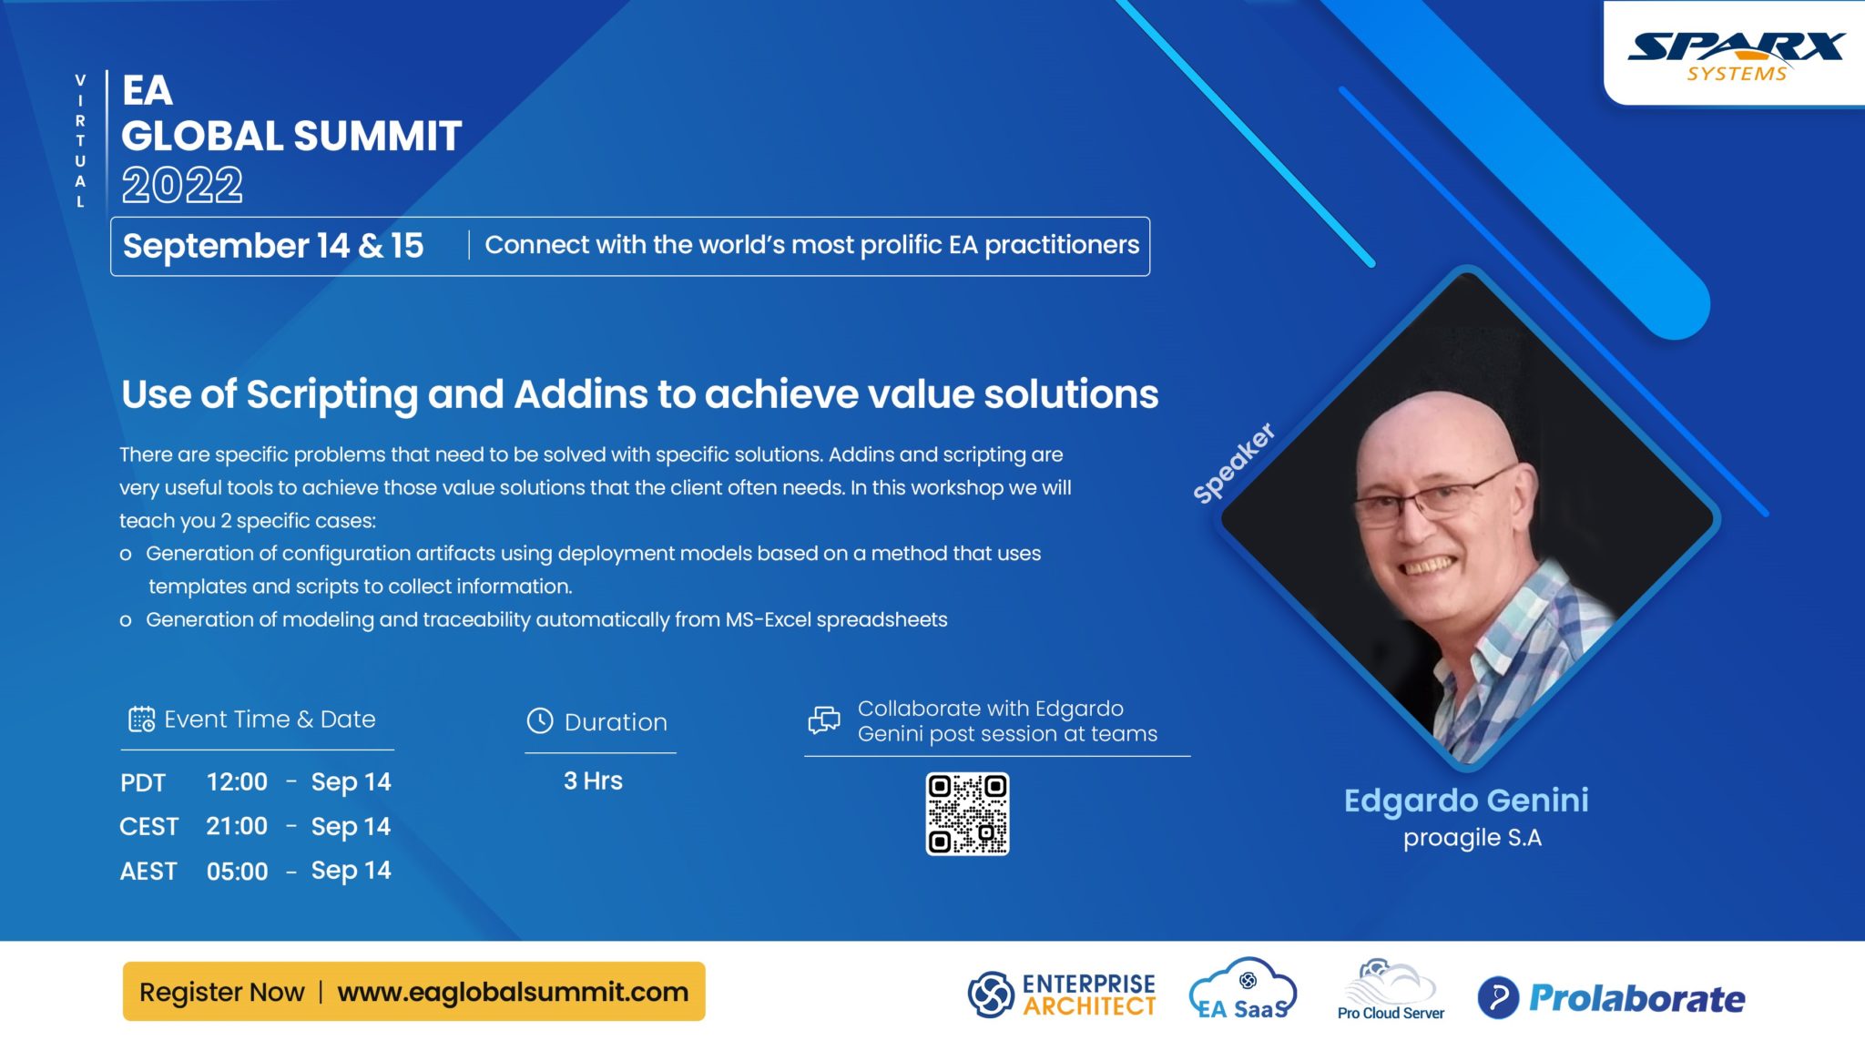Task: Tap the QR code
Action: click(967, 814)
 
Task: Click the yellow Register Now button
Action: click(413, 991)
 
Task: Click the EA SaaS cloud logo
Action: click(1243, 990)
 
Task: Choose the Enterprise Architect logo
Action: click(1062, 995)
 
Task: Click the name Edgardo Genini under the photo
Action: click(1466, 801)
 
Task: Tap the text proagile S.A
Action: click(1472, 838)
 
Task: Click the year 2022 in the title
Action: click(182, 186)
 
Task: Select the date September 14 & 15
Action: click(273, 246)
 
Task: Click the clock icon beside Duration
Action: click(540, 720)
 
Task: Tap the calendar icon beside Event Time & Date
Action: click(141, 719)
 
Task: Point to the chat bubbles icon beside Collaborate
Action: click(824, 720)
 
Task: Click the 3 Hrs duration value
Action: click(593, 781)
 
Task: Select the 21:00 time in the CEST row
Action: click(237, 826)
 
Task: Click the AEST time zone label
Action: click(148, 872)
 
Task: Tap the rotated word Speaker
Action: click(1234, 463)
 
